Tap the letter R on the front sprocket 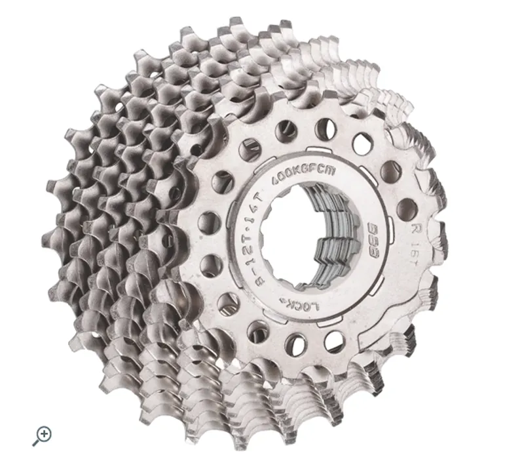pyautogui.click(x=414, y=230)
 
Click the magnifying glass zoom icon pyautogui.click(x=43, y=434)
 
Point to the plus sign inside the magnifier pyautogui.click(x=45, y=432)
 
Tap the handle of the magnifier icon pyautogui.click(x=35, y=443)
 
